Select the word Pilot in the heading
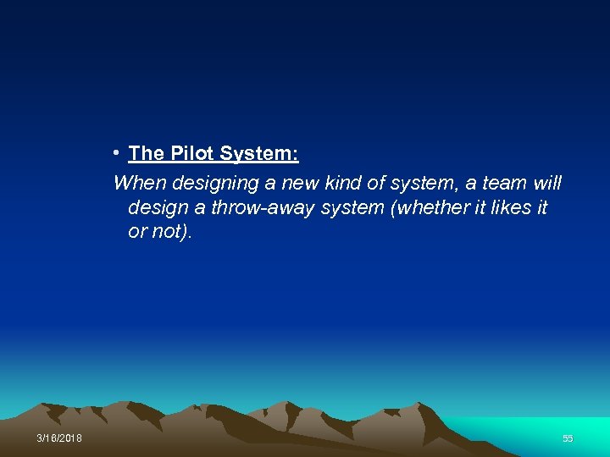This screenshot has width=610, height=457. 193,154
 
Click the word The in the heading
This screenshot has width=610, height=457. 146,154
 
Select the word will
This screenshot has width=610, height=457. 546,183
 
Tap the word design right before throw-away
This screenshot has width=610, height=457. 155,207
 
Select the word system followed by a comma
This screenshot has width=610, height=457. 422,183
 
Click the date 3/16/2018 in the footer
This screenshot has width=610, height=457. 59,438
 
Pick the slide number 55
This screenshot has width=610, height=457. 568,438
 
